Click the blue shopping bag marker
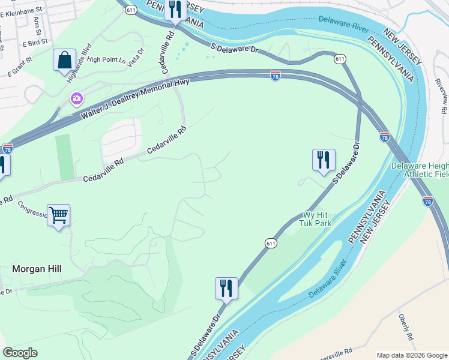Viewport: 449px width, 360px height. [64, 61]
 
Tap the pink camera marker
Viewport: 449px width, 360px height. [76, 98]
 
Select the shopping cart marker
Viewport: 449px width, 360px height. [58, 215]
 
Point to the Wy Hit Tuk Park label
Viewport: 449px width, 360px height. [316, 219]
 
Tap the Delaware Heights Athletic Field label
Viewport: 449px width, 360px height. [420, 170]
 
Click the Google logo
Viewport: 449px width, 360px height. [20, 353]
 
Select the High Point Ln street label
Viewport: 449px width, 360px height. [107, 59]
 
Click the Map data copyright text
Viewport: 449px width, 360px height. [412, 355]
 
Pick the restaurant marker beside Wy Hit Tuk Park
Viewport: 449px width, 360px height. [323, 160]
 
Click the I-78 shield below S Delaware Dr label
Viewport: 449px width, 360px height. [275, 76]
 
